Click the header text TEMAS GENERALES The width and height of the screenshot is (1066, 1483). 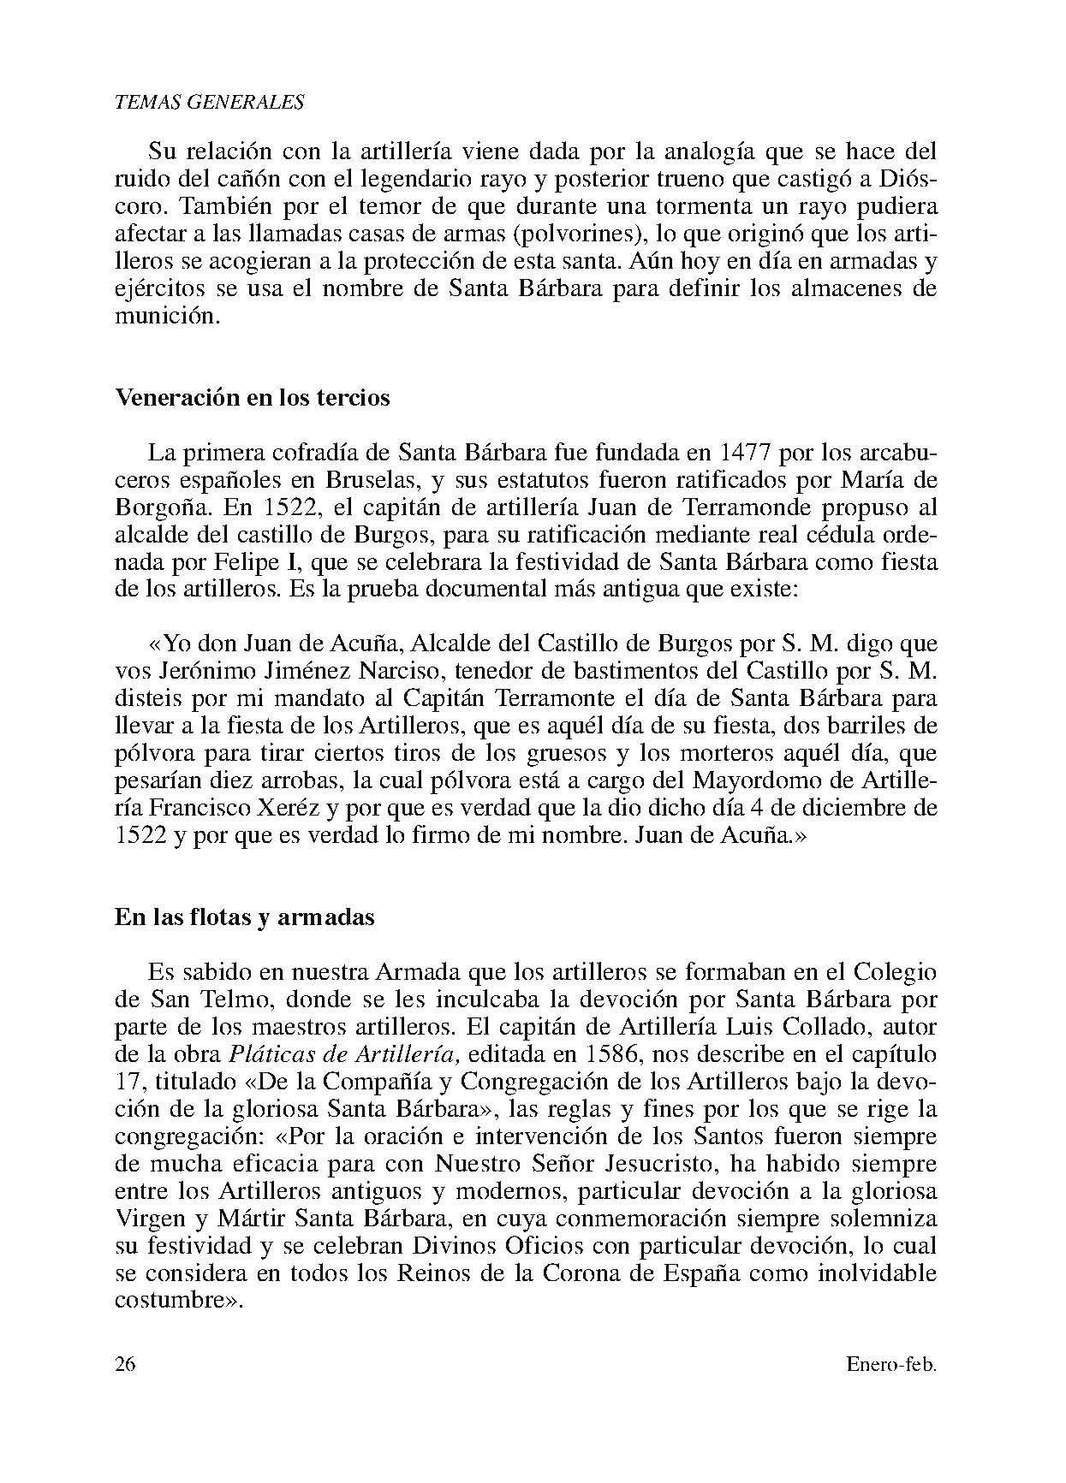pos(209,102)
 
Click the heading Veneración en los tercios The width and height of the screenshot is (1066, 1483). pos(253,398)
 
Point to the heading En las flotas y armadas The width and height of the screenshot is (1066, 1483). pos(245,917)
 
